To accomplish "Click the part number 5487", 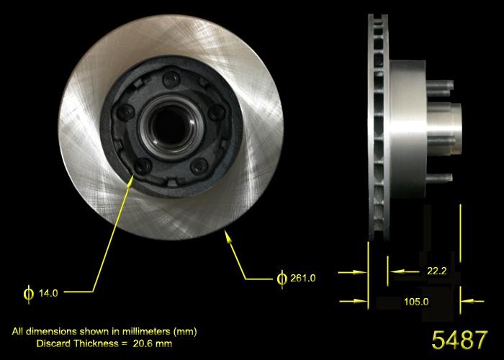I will [459, 338].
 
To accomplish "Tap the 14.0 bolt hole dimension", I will [48, 292].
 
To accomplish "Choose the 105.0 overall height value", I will [416, 302].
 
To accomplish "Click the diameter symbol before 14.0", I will [29, 292].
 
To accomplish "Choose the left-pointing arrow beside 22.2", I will [392, 271].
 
